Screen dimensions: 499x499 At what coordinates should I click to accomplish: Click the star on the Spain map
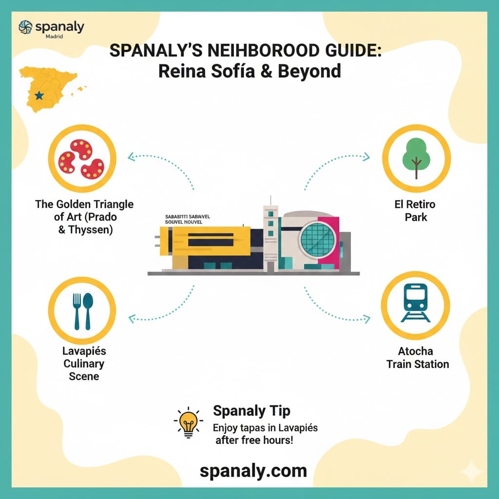(x=39, y=96)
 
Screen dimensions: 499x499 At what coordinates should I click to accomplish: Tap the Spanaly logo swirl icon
(x=25, y=27)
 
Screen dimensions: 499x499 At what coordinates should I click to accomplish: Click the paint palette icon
(x=82, y=158)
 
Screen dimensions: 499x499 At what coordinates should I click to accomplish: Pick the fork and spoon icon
(x=82, y=311)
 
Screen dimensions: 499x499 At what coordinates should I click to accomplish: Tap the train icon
(x=415, y=303)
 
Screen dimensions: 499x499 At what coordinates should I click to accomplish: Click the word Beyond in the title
(x=309, y=71)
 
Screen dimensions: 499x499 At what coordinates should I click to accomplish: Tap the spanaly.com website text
(x=253, y=471)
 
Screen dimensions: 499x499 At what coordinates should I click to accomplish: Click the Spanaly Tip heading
(x=252, y=411)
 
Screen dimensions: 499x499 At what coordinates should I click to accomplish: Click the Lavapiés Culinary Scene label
(x=84, y=364)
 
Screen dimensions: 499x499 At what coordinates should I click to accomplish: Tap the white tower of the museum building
(x=270, y=234)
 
